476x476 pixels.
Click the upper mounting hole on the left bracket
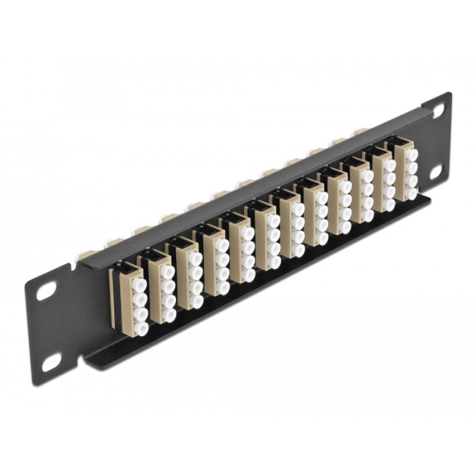[x=44, y=294]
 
